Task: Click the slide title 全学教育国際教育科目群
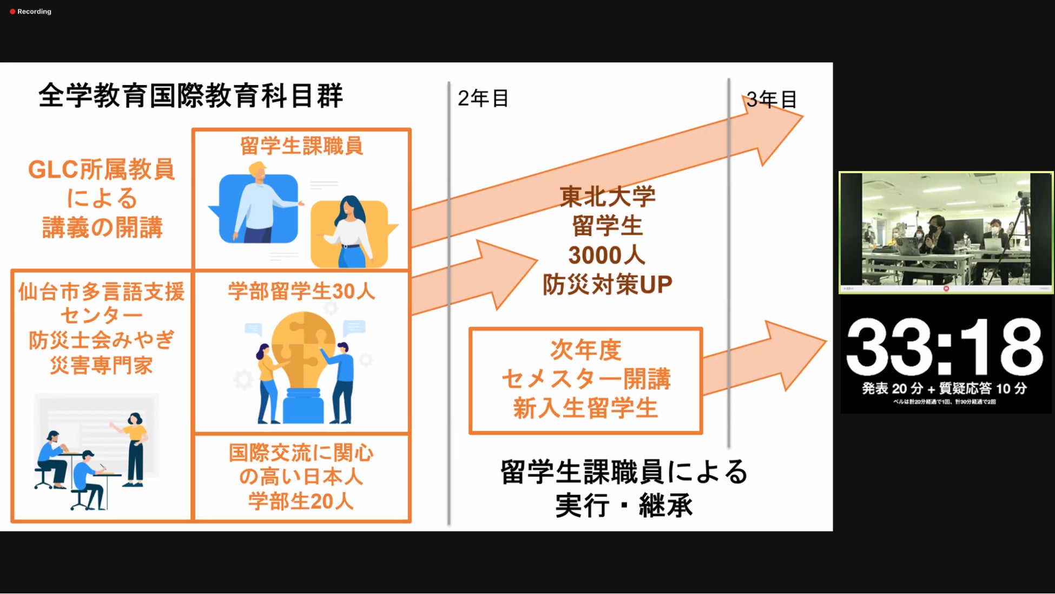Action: (x=190, y=96)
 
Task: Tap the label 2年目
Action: (x=483, y=99)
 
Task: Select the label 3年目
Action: (x=771, y=100)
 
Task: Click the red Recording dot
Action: (x=12, y=11)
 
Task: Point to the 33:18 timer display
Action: (x=944, y=347)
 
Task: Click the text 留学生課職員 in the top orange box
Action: (x=301, y=146)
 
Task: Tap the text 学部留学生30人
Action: (x=301, y=291)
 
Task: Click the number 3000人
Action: (x=606, y=256)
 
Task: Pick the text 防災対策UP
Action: (x=607, y=284)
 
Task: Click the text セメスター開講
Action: (x=585, y=379)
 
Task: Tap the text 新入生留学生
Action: (x=585, y=408)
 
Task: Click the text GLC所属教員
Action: (x=101, y=170)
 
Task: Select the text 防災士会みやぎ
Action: (x=101, y=340)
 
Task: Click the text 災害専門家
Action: (x=101, y=365)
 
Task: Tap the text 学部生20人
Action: (x=301, y=501)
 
